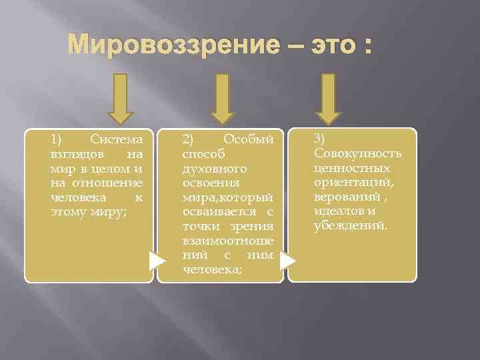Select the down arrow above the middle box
(224, 100)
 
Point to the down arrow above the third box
(327, 100)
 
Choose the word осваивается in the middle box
(219, 212)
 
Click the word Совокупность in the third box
(357, 153)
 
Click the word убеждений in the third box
(349, 225)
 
